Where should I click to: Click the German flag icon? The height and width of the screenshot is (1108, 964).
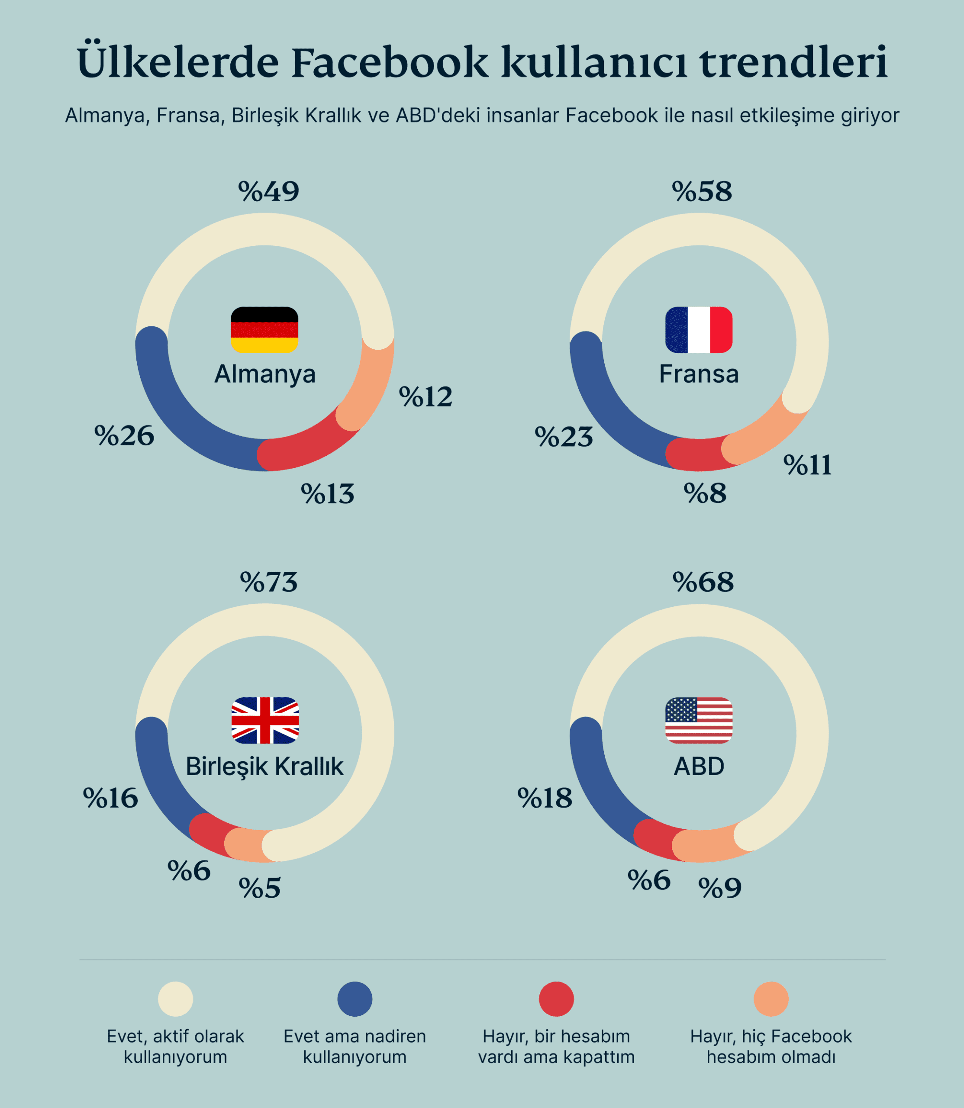click(x=264, y=330)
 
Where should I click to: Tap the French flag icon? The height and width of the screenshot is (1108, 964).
click(x=698, y=330)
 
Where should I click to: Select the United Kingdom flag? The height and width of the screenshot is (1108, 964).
click(x=264, y=721)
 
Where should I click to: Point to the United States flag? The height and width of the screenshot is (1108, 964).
click(x=698, y=721)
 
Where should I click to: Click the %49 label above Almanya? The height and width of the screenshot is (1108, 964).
click(x=268, y=191)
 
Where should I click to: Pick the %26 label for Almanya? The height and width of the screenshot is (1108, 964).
click(x=124, y=436)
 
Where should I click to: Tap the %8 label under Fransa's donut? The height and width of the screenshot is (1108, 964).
click(x=705, y=493)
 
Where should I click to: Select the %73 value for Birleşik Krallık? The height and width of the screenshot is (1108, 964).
click(x=268, y=583)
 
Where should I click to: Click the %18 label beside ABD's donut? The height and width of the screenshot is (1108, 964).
click(x=545, y=798)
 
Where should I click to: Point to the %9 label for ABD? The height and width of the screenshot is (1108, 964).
click(x=720, y=888)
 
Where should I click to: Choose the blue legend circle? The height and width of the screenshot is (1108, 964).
click(x=355, y=999)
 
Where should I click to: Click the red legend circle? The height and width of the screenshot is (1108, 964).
click(x=556, y=999)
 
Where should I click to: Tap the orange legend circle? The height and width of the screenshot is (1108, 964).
click(x=771, y=999)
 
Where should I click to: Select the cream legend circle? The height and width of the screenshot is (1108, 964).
click(x=175, y=999)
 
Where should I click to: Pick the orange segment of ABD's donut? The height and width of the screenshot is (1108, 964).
click(x=705, y=845)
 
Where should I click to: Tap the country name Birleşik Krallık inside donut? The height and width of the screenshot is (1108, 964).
click(x=264, y=767)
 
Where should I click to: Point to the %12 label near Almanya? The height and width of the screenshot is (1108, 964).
click(x=425, y=397)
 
